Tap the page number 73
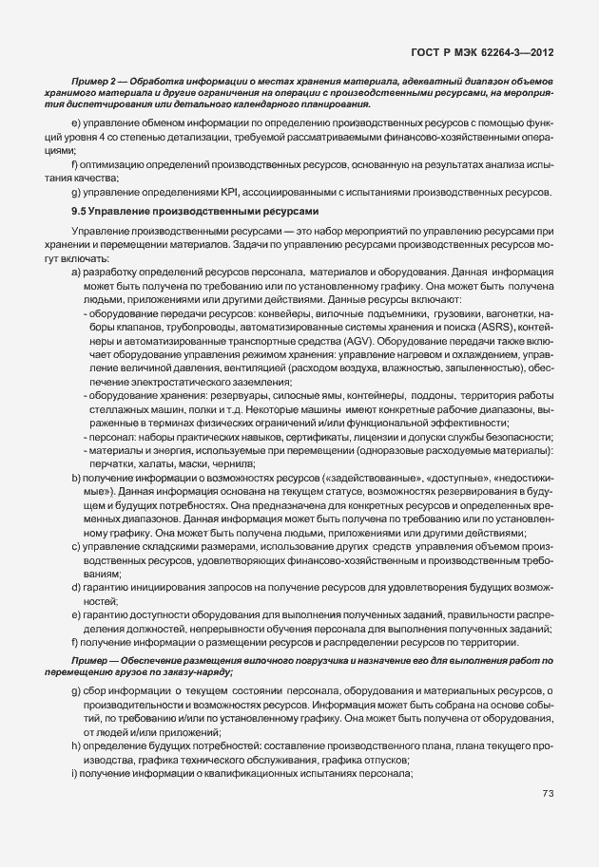point(547,793)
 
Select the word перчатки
point(114,463)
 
